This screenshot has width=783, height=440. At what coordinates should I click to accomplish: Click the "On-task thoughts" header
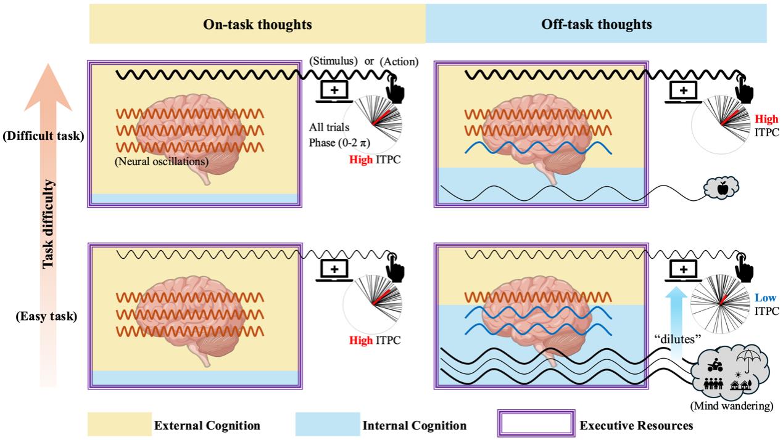[x=257, y=25]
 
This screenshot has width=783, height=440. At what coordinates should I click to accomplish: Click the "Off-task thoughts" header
[x=597, y=25]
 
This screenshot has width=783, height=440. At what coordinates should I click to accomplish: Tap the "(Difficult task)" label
[x=43, y=136]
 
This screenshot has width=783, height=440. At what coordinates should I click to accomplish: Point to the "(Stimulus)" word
[x=334, y=61]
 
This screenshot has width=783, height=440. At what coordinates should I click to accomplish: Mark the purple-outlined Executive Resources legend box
[x=536, y=425]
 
